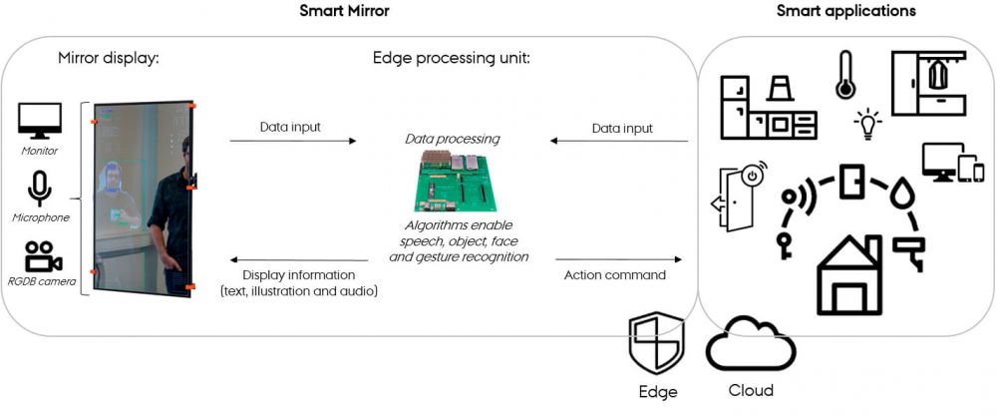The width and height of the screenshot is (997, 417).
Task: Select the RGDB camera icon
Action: pos(42,257)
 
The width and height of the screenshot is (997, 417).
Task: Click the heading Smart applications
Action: pos(846,12)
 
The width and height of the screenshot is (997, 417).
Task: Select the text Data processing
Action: pos(453,139)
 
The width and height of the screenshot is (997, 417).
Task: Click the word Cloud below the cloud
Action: pos(749,390)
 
